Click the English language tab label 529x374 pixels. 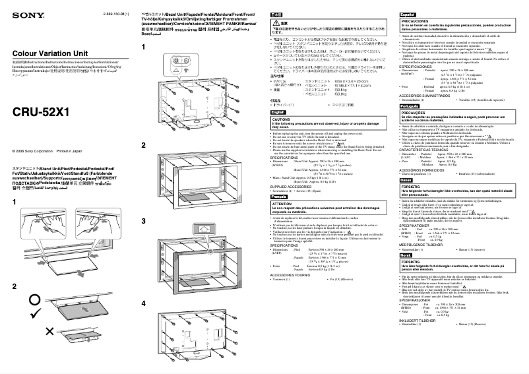click(x=280, y=113)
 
